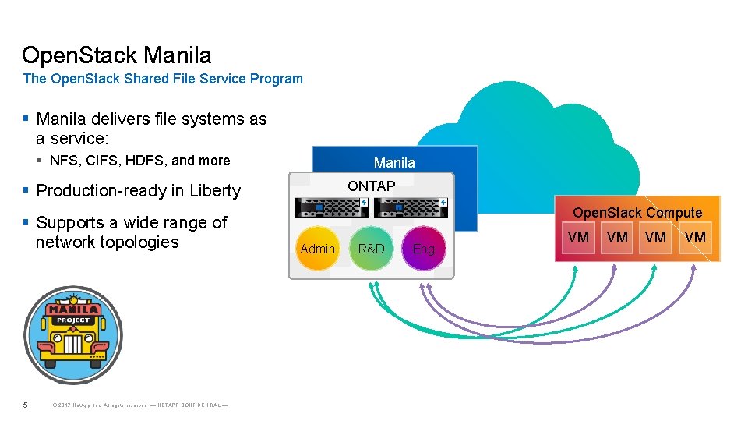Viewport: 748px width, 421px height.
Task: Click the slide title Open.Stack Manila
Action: point(117,55)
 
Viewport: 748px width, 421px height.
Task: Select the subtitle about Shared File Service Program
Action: point(163,79)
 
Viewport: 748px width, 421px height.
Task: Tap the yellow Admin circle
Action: point(318,249)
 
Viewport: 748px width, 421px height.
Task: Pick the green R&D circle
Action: point(372,249)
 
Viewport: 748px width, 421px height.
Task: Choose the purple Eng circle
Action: point(424,249)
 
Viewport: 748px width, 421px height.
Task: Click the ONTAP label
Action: point(371,186)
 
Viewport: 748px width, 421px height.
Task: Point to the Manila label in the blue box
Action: point(394,163)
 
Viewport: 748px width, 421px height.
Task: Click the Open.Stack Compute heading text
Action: point(637,213)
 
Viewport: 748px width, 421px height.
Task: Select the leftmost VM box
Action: point(578,237)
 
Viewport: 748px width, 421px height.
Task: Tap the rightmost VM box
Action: point(695,237)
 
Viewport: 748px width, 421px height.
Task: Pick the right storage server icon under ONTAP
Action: point(411,207)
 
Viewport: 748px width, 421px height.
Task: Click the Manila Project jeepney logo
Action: point(73,335)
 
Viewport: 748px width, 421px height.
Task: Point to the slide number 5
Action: point(26,405)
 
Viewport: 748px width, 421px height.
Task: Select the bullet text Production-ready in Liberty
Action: point(139,191)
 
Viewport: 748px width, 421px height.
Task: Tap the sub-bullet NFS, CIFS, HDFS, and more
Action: point(139,161)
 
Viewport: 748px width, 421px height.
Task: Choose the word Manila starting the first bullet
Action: point(63,119)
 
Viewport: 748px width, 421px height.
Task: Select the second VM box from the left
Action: point(617,237)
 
